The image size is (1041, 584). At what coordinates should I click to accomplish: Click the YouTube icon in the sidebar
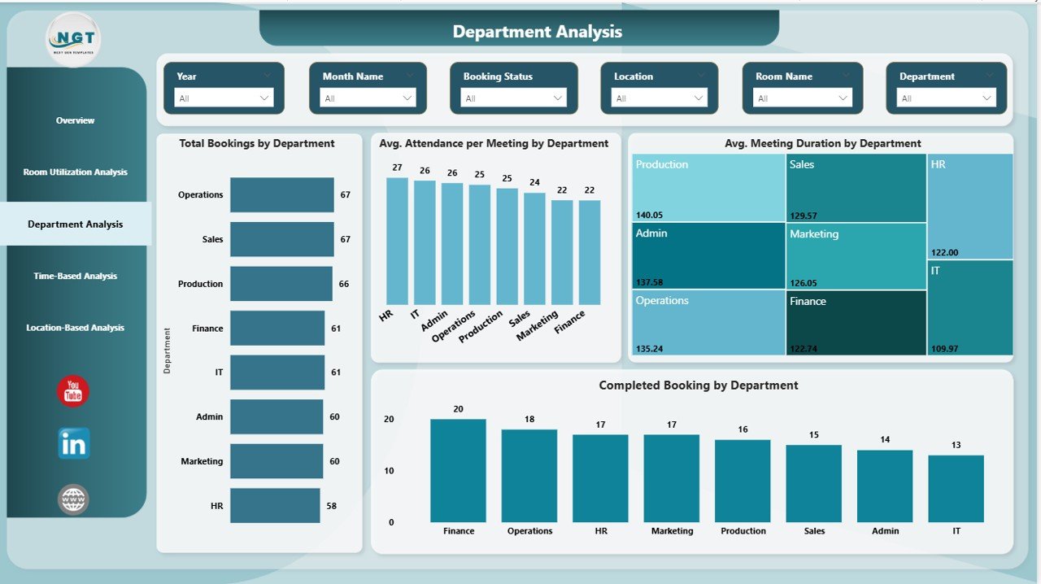(x=73, y=391)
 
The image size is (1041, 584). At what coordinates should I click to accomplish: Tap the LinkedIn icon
(x=74, y=443)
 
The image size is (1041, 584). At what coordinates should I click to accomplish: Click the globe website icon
(x=73, y=499)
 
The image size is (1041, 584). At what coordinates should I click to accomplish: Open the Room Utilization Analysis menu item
(x=75, y=172)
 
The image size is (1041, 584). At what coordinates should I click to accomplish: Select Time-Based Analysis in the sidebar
(x=75, y=276)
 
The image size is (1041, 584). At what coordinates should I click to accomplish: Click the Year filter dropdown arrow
(x=264, y=98)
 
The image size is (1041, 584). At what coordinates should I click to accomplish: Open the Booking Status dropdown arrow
(x=558, y=98)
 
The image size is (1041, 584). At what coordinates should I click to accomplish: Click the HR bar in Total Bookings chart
(x=275, y=506)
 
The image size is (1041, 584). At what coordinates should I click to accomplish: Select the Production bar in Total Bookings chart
(x=281, y=284)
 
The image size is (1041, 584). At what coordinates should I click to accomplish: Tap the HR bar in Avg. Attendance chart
(x=397, y=241)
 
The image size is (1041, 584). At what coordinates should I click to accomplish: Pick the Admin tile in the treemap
(x=708, y=255)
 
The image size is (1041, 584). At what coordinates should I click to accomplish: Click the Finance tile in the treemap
(x=856, y=322)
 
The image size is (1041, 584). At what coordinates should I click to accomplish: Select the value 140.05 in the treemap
(x=649, y=215)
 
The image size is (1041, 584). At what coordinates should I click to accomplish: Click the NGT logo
(x=74, y=39)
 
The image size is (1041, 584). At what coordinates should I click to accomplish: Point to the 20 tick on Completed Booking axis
(x=389, y=420)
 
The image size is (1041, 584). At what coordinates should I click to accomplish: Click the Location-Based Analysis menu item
(x=75, y=328)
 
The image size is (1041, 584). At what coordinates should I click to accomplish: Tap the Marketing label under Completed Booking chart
(x=672, y=531)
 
